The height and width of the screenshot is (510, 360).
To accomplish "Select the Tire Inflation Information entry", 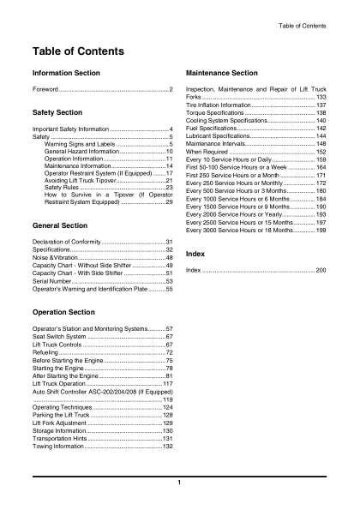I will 226,105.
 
